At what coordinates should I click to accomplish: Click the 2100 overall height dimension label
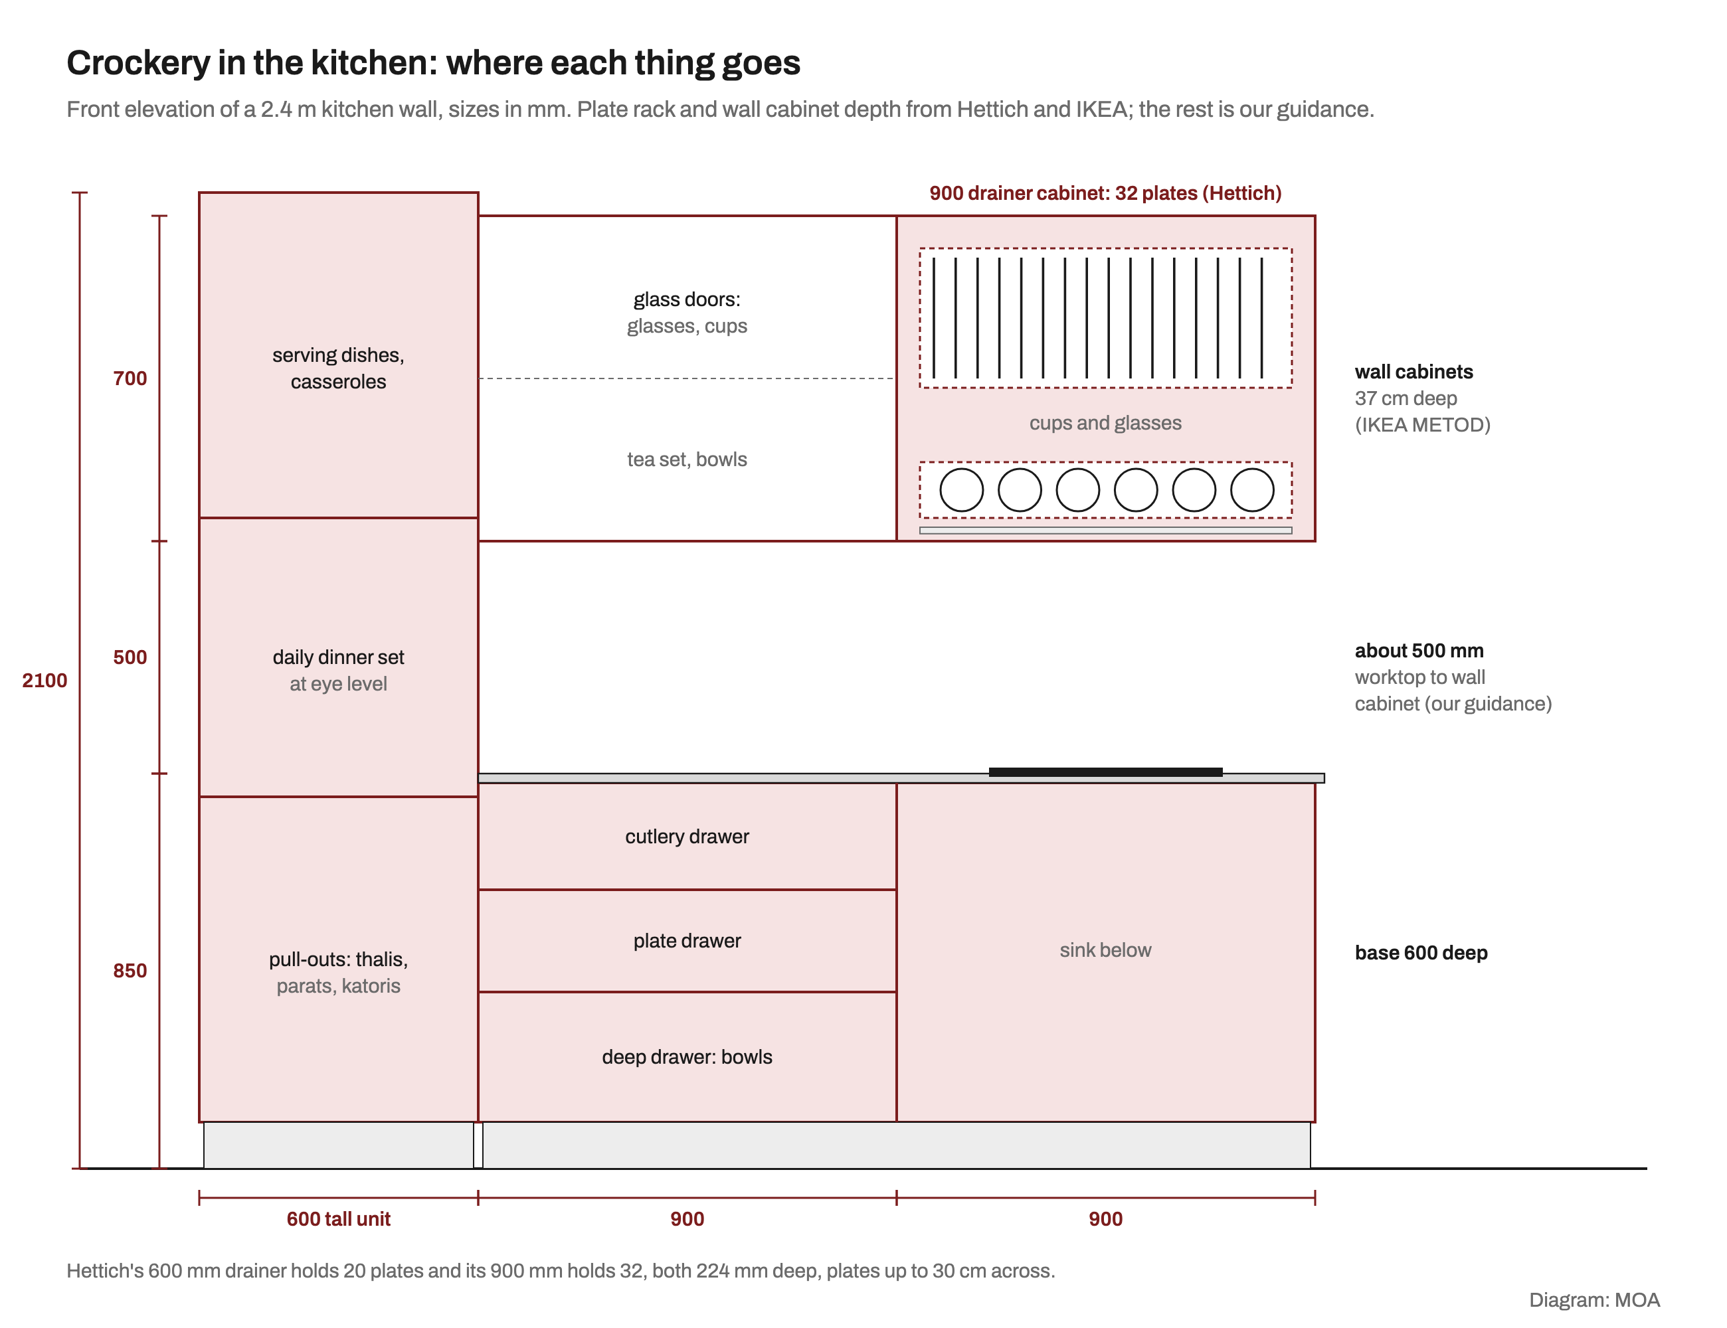pos(45,681)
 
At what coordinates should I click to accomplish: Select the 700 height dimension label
pos(130,378)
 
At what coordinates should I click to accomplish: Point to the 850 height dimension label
pos(130,971)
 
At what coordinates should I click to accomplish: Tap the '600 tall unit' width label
pos(339,1219)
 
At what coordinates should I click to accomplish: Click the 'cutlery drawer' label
pos(687,837)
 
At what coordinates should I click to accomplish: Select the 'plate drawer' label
pos(687,941)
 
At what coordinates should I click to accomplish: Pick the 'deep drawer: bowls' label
pos(687,1057)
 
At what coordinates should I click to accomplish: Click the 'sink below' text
pos(1105,950)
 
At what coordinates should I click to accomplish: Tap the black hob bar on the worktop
pos(1105,772)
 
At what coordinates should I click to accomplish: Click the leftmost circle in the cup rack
pos(962,490)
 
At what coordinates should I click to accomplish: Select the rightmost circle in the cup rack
pos(1253,490)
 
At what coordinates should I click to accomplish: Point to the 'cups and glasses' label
pos(1105,423)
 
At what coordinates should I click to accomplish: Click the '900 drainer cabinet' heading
pos(1105,193)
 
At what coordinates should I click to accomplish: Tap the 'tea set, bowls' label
pos(687,459)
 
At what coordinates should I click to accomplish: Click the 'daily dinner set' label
pos(339,657)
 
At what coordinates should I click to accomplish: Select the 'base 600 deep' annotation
pos(1421,953)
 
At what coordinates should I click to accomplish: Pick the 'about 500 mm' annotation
pos(1419,651)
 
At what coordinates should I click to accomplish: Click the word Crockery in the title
pos(138,63)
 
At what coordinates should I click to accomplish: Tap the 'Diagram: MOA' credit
pos(1594,1300)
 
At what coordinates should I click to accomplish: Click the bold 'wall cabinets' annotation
pos(1414,372)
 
